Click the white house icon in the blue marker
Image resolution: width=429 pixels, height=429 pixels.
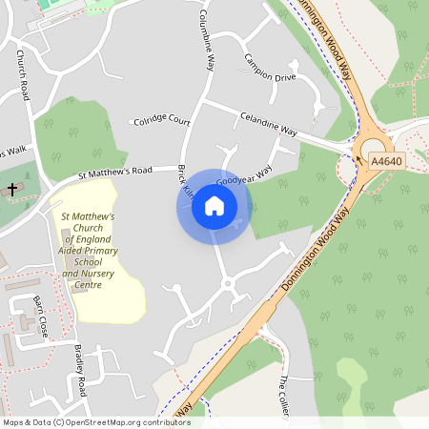(214, 206)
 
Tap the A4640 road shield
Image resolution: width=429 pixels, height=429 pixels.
(386, 162)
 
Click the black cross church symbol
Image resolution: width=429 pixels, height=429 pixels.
(12, 190)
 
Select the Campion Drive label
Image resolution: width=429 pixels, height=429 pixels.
(270, 69)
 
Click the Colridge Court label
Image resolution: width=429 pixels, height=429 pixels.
(161, 121)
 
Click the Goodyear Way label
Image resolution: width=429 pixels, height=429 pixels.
(244, 177)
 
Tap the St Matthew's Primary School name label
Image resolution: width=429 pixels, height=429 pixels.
(88, 251)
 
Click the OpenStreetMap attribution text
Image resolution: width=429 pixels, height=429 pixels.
(96, 421)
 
